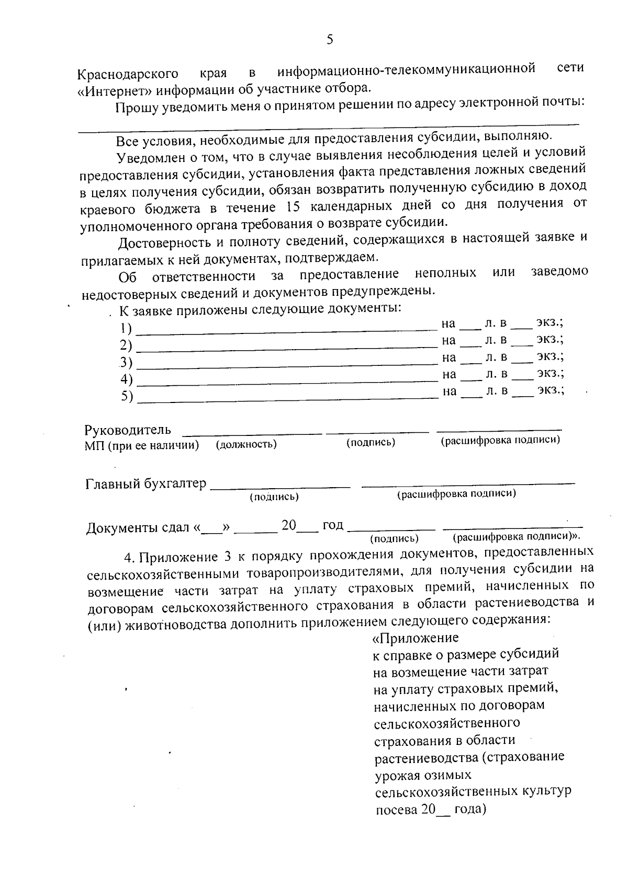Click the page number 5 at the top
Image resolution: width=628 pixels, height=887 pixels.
(330, 40)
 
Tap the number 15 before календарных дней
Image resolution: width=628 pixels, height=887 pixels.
(294, 206)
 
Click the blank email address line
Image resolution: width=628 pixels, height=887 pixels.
(329, 124)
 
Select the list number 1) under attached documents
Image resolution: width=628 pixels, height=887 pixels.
(126, 329)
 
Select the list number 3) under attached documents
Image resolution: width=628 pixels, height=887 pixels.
(126, 362)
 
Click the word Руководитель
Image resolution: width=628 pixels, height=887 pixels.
(128, 430)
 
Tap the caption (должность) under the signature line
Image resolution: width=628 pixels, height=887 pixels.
(246, 444)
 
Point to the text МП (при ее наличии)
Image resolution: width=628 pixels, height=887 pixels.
(142, 445)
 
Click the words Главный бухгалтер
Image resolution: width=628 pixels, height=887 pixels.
(146, 484)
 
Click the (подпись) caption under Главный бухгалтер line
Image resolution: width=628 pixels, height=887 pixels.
(274, 497)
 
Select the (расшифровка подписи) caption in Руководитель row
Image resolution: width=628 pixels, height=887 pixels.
(500, 441)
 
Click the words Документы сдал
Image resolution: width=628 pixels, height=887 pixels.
(138, 528)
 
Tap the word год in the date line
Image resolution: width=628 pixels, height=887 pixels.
(333, 525)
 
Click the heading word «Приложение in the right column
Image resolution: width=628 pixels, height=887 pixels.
(415, 638)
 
